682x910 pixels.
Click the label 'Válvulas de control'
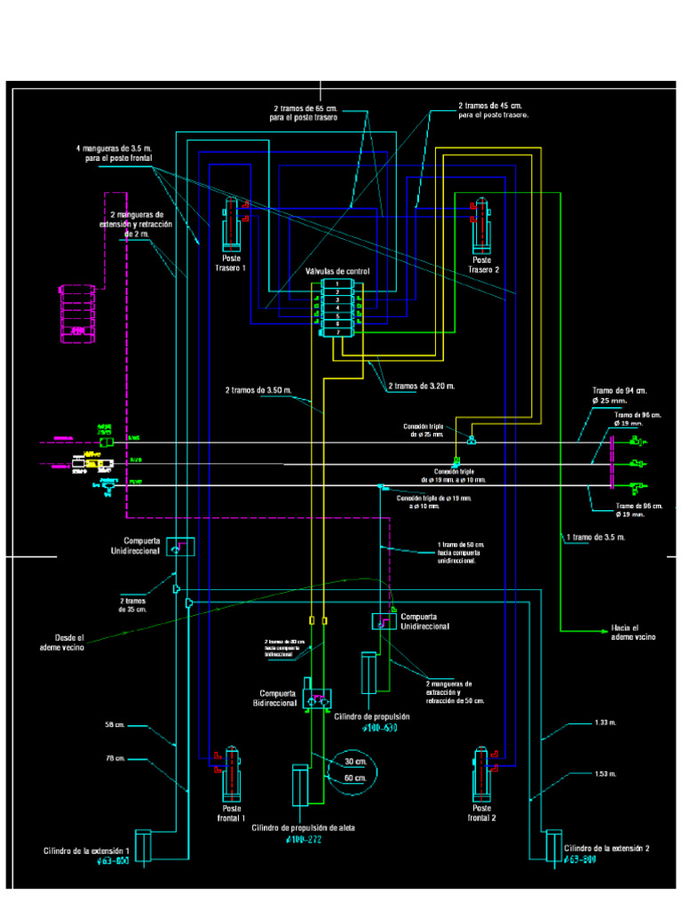[337, 271]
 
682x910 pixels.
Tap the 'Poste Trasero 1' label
[231, 264]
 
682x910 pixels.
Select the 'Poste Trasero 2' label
[484, 265]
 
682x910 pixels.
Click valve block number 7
[337, 332]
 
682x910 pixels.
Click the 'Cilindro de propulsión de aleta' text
[303, 827]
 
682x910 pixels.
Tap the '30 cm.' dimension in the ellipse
[355, 762]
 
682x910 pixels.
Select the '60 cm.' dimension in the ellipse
[355, 778]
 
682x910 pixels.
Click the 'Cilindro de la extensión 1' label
[87, 850]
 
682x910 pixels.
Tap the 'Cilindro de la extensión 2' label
[607, 849]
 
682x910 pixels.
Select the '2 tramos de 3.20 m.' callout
[421, 387]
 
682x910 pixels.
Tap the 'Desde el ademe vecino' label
[69, 643]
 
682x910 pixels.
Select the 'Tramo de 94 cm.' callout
[619, 391]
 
